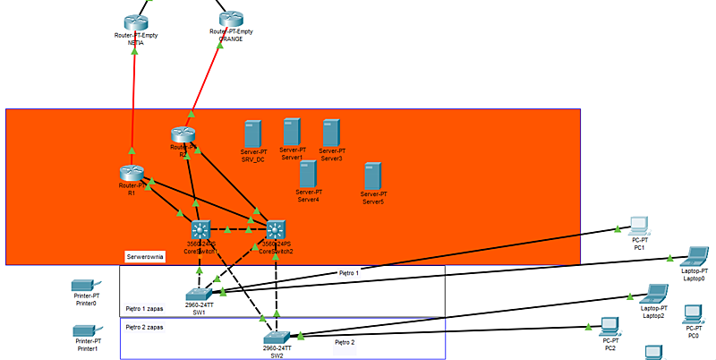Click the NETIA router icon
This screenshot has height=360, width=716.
point(135,21)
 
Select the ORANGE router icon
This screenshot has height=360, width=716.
point(231,19)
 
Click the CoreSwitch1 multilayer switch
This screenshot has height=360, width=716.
point(199,229)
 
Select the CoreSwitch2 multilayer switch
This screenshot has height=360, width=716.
point(275,229)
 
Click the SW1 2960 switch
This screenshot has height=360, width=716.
point(197,293)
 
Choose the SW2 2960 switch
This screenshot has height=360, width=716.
point(277,336)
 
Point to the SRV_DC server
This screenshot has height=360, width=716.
point(252,133)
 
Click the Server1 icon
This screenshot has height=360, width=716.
point(292,132)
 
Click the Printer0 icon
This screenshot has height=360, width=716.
point(86,286)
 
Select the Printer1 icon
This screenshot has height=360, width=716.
point(86,330)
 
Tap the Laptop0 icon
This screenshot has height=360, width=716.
point(694,257)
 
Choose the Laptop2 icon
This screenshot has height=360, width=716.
point(653,294)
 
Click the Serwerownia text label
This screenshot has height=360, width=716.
point(145,256)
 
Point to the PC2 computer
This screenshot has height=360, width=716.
point(609,325)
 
